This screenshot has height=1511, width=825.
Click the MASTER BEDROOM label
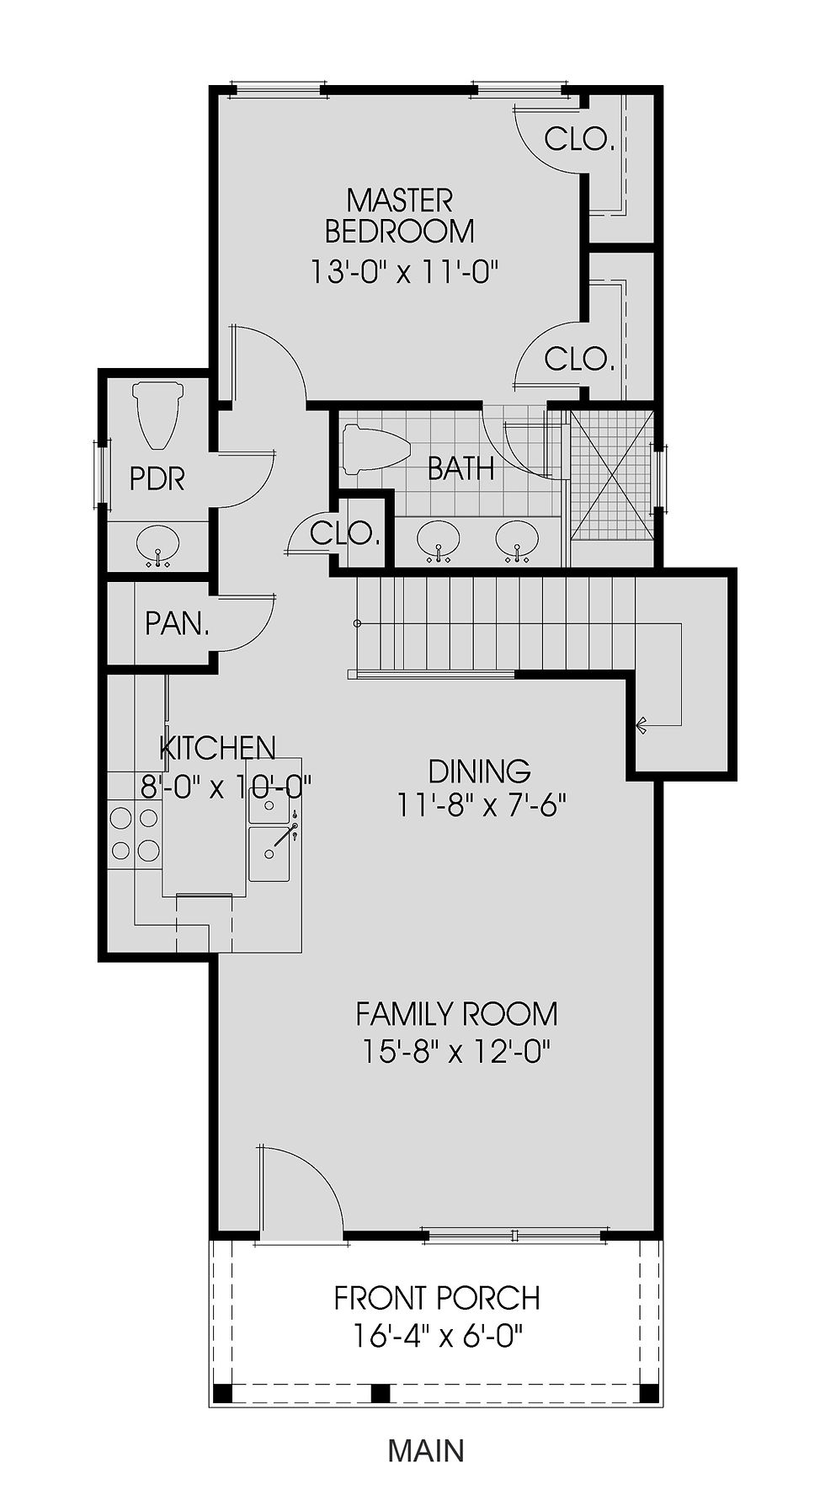click(400, 216)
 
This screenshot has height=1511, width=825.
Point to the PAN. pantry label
click(177, 624)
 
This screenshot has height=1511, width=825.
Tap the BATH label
click(460, 468)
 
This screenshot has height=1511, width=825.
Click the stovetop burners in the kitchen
click(134, 833)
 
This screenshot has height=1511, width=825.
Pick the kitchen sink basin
click(269, 854)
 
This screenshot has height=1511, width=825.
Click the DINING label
click(479, 771)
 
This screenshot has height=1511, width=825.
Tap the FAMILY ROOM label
click(456, 1013)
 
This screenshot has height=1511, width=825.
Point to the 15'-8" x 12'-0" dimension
click(456, 1051)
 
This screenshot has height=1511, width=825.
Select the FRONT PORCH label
click(437, 1298)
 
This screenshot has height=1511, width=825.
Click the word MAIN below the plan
click(426, 1450)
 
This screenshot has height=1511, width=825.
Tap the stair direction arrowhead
click(641, 723)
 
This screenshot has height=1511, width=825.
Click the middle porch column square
click(381, 1392)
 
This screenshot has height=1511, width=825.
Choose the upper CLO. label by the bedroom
click(578, 138)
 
